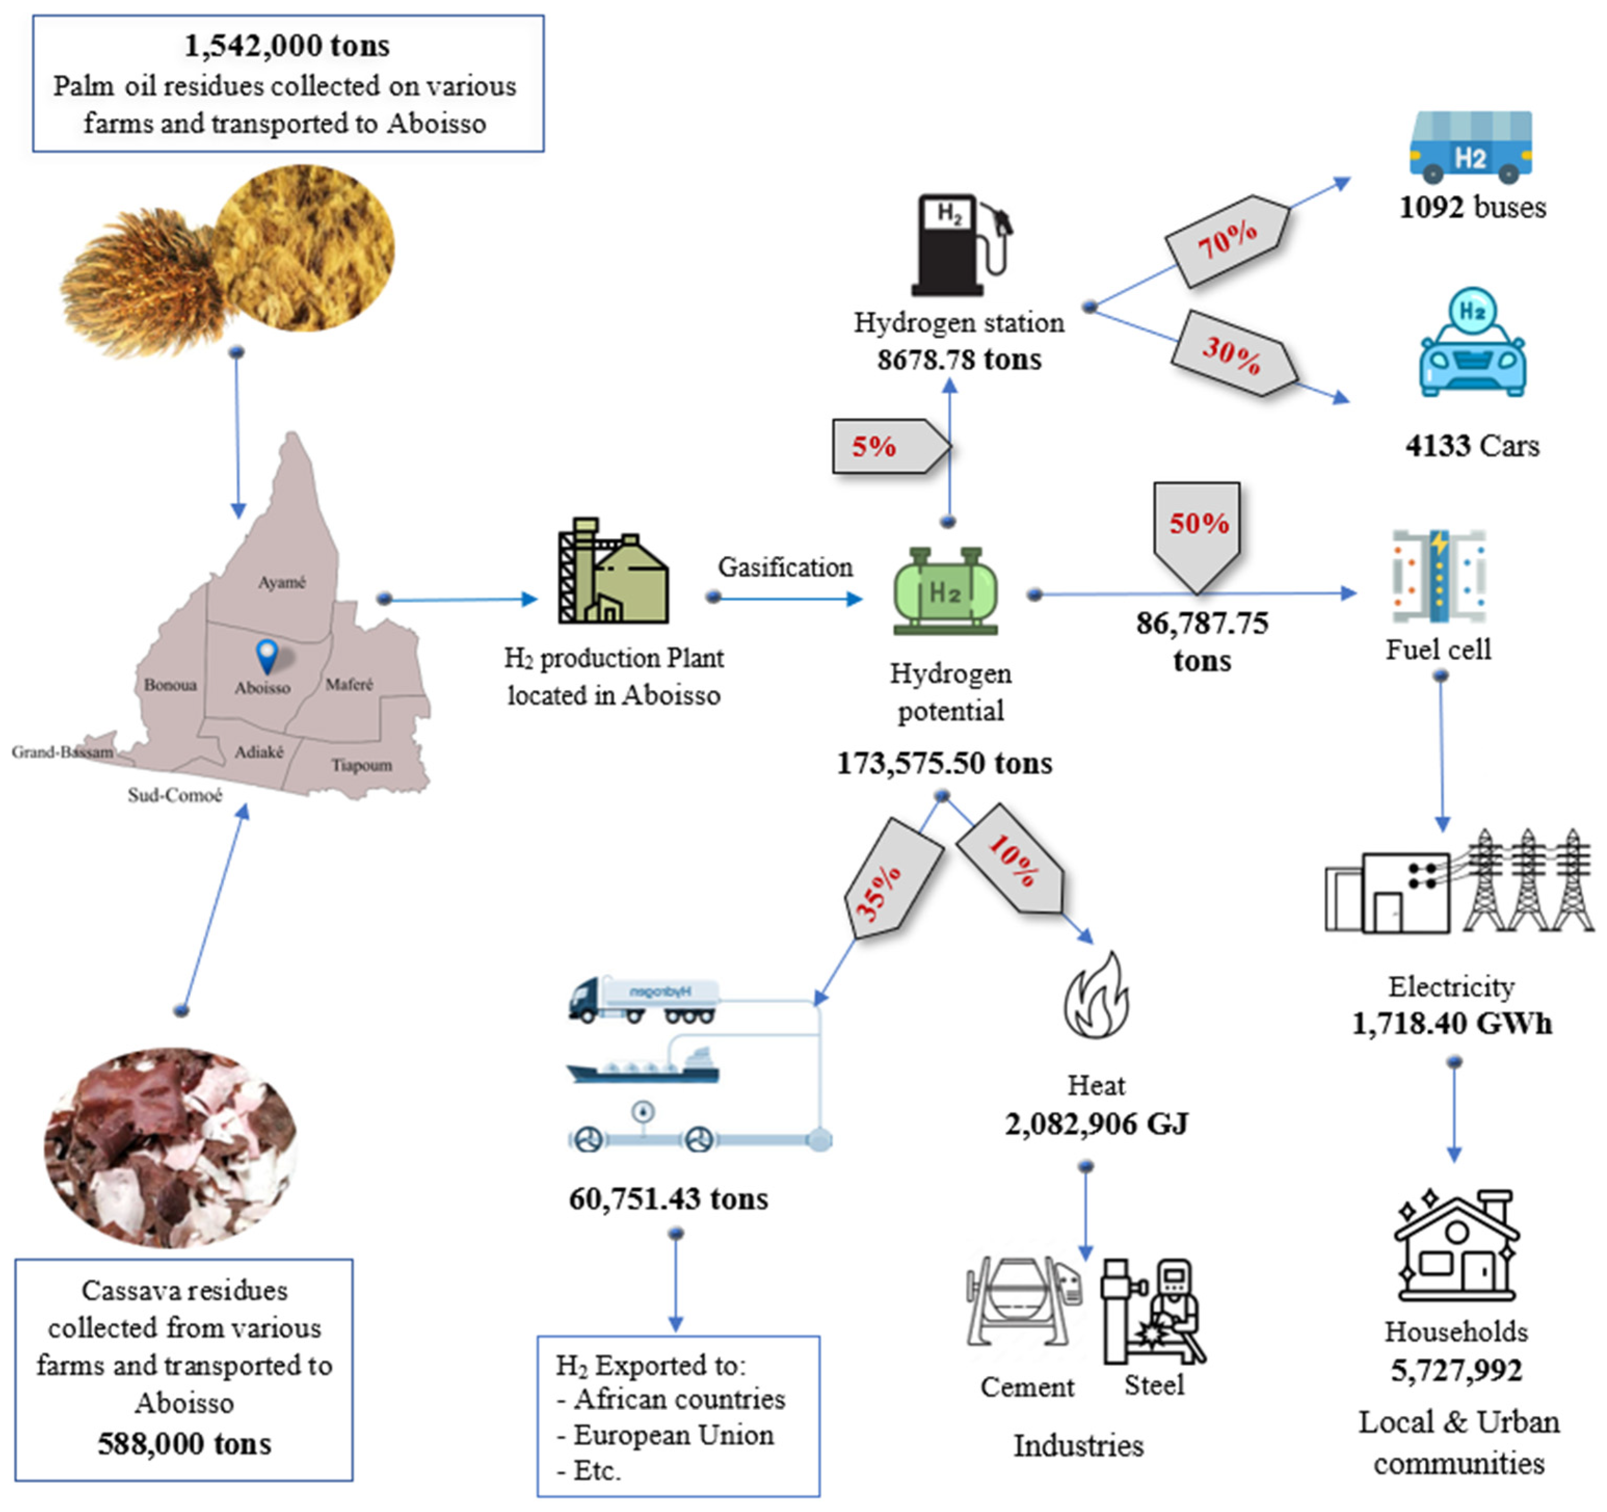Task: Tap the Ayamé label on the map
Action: coord(282,582)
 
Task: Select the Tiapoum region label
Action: coord(361,765)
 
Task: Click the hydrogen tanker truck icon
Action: coord(642,1000)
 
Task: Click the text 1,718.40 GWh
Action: coord(1452,1024)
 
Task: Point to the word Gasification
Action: coord(785,567)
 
